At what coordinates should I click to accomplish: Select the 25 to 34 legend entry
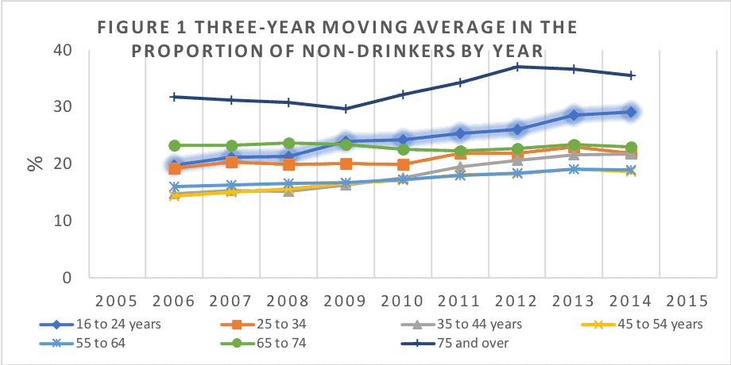(265, 325)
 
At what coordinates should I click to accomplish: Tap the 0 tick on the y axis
(68, 279)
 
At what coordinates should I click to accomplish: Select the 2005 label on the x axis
(118, 303)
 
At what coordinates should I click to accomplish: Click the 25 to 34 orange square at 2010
(404, 165)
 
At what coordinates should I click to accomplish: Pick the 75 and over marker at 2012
(518, 67)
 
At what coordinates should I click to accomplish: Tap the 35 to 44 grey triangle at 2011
(461, 167)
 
